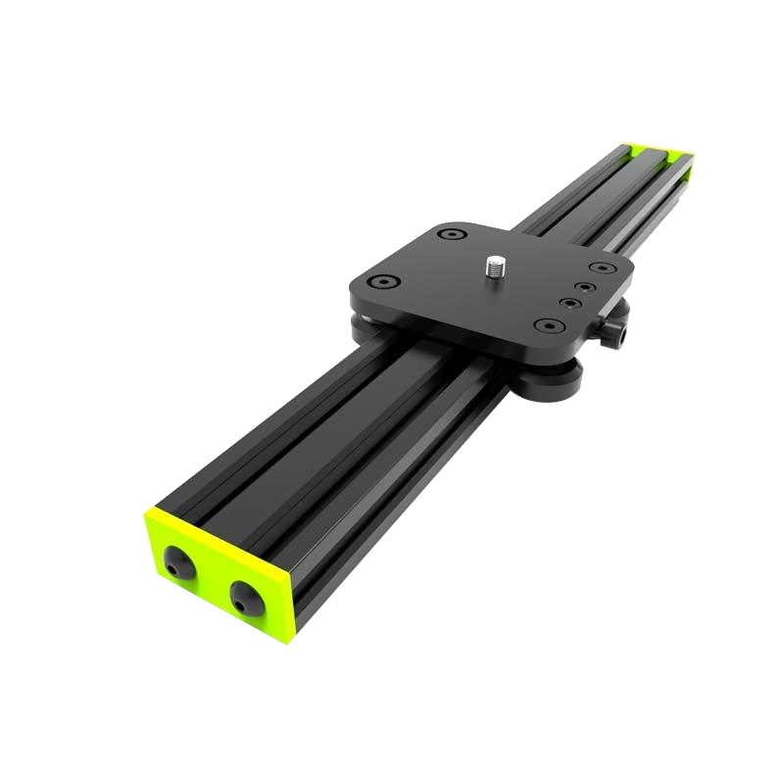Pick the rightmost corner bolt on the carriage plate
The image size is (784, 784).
[597, 267]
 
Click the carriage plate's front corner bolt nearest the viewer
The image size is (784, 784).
[543, 325]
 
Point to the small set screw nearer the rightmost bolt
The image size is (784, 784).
[584, 288]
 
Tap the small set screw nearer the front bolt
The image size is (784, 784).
[567, 305]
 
